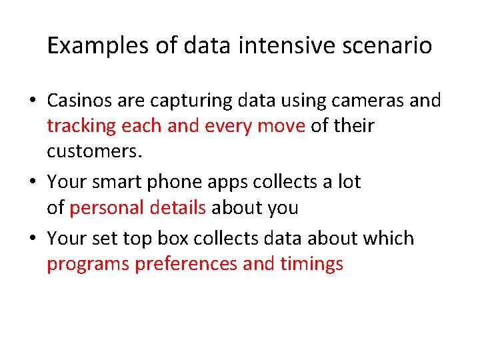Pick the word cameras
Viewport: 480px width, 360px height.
pyautogui.click(x=361, y=101)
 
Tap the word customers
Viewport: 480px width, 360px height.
pyautogui.click(x=95, y=151)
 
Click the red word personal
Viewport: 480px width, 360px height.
pyautogui.click(x=107, y=208)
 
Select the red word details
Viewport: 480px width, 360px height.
pyautogui.click(x=177, y=207)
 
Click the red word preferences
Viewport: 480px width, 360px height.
pyautogui.click(x=187, y=264)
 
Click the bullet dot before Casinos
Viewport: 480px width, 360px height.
pyautogui.click(x=33, y=101)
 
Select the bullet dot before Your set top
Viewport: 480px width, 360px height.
pyautogui.click(x=33, y=239)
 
